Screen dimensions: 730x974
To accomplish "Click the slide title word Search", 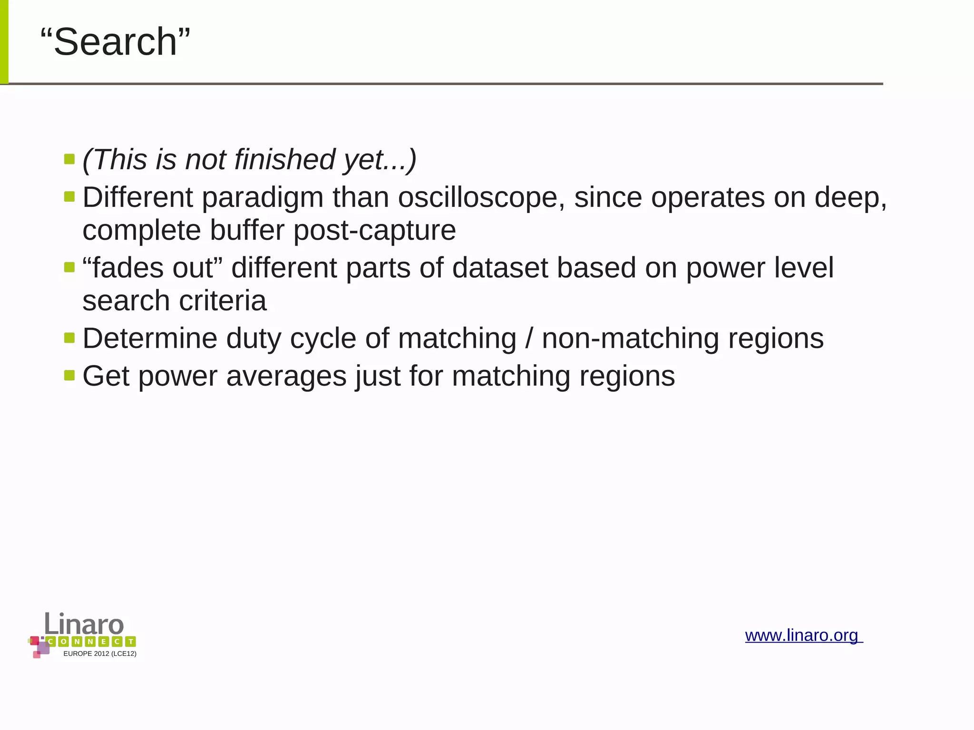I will point(115,42).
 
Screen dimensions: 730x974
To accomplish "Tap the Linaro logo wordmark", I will point(84,624).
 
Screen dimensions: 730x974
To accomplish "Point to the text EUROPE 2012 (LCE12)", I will point(100,654).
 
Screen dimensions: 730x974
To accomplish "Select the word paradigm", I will point(263,198).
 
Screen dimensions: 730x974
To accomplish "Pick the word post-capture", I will point(375,231).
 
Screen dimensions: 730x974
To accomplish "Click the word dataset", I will point(500,268).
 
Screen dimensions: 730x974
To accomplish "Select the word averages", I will point(287,376).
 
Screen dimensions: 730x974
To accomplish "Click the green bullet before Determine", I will point(69,338).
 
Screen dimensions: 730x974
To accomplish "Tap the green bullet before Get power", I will point(69,375).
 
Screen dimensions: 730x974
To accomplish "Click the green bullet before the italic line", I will point(69,158).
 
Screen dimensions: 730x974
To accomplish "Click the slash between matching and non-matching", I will point(529,339).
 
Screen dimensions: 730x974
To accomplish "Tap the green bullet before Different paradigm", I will point(69,196).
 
